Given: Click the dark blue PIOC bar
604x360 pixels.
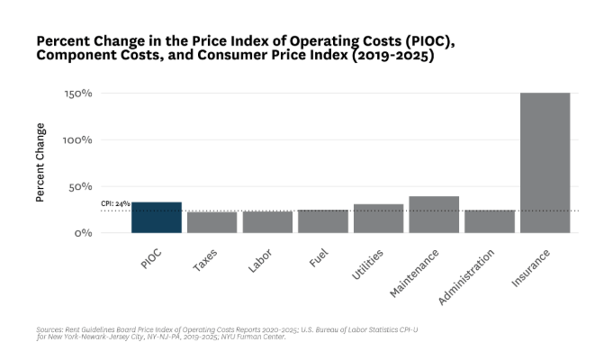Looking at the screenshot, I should [157, 218].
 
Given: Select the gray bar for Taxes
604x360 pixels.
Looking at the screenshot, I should [212, 222].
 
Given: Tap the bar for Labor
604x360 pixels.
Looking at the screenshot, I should [267, 222].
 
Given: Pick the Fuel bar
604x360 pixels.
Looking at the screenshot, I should [323, 221].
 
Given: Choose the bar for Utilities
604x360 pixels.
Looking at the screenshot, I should [379, 219].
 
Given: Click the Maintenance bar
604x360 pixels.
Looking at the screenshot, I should [434, 215].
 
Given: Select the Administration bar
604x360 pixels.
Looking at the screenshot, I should [490, 221].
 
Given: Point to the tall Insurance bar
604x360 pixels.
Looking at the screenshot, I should [545, 163].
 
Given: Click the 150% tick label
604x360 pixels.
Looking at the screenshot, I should [78, 94].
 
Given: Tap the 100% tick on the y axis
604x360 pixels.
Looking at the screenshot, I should [78, 140].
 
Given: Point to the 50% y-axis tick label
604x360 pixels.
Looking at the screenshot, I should [81, 186].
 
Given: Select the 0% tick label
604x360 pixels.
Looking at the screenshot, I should [84, 233].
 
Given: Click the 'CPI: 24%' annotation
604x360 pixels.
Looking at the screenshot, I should [115, 205].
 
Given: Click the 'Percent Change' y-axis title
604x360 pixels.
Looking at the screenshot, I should [41, 163].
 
